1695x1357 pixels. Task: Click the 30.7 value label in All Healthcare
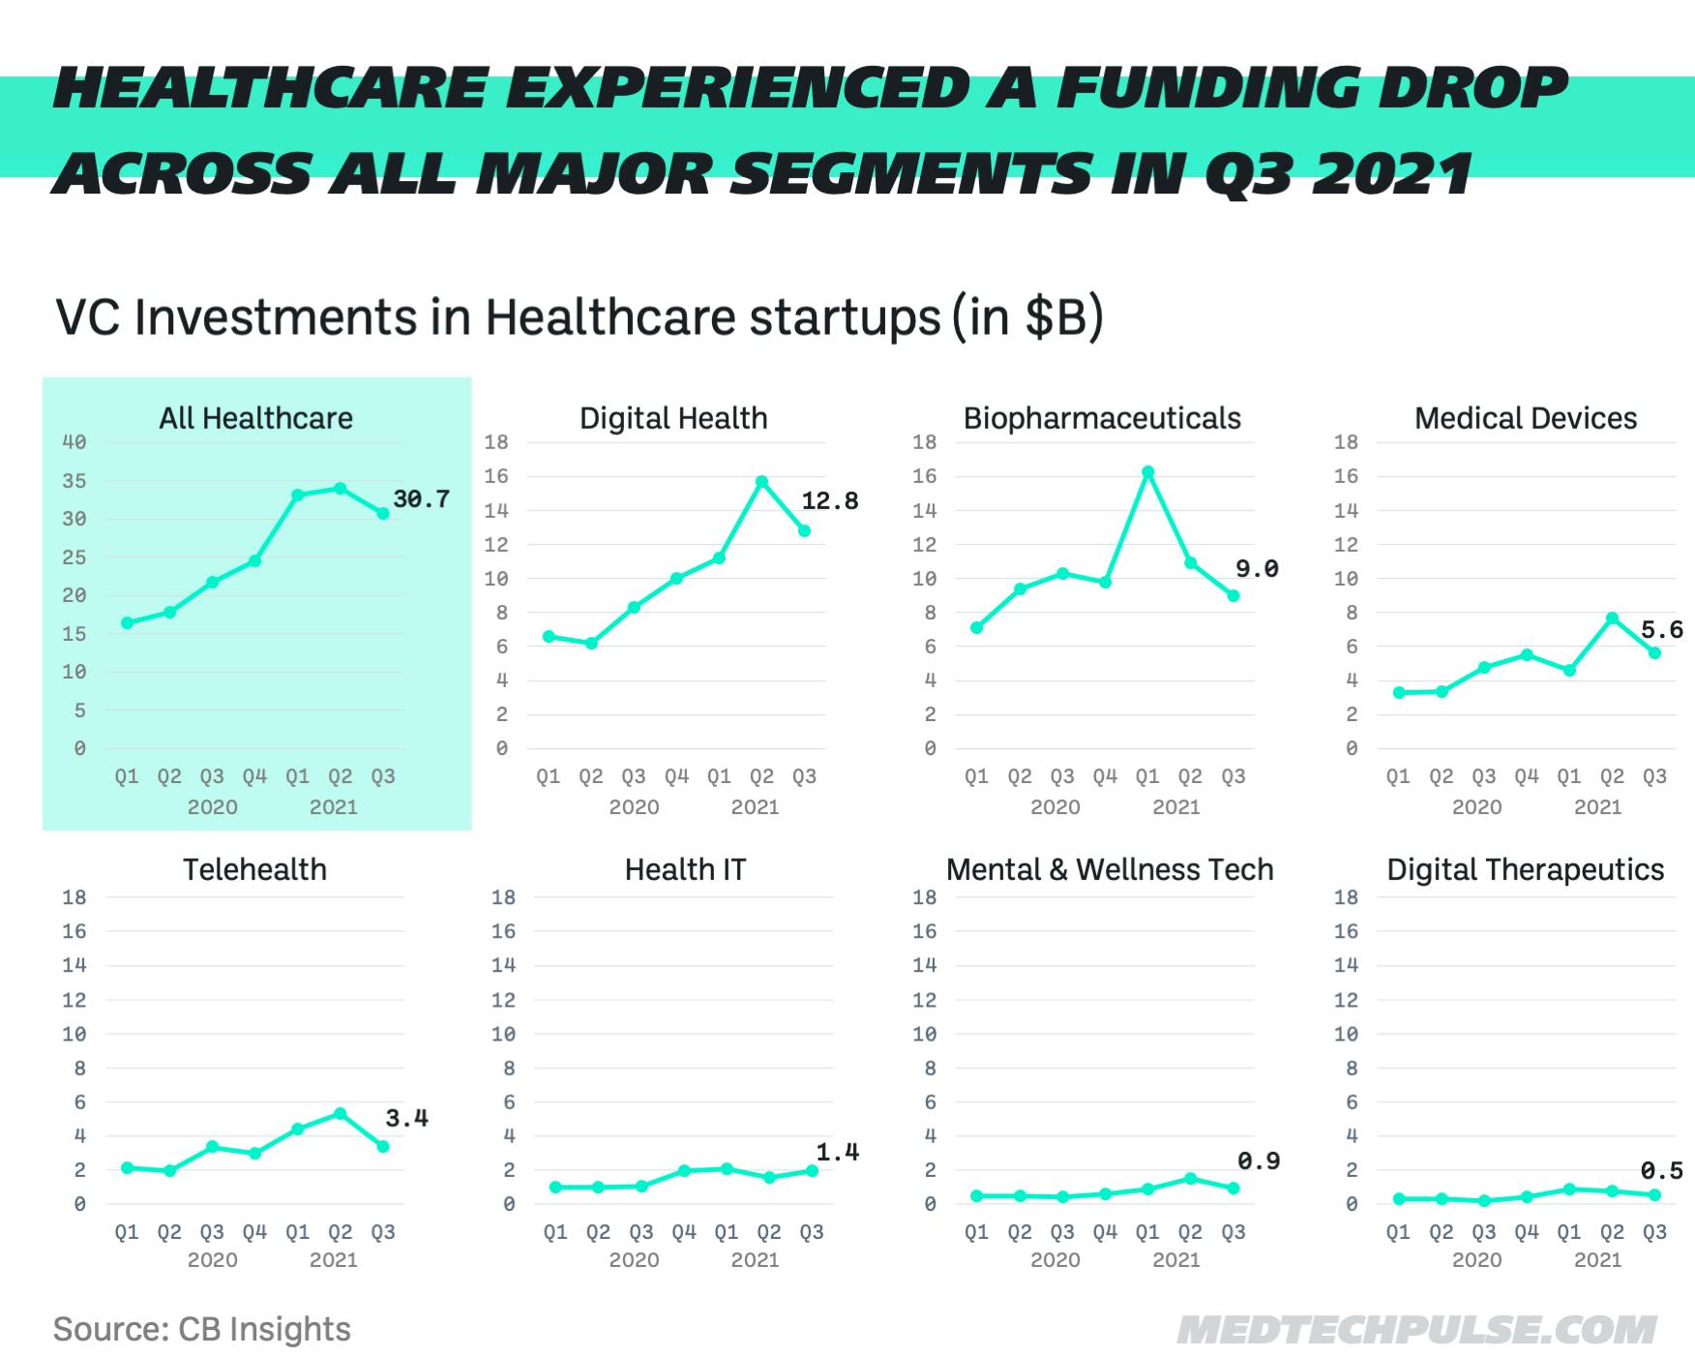point(421,499)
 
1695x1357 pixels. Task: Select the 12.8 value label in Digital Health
point(829,501)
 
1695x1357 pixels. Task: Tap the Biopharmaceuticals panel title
point(1102,418)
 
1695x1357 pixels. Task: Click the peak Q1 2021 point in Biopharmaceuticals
point(1147,472)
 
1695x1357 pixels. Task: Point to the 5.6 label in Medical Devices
point(1661,630)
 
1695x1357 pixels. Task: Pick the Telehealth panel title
point(254,869)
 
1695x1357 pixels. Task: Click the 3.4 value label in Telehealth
point(406,1118)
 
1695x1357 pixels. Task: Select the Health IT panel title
point(685,869)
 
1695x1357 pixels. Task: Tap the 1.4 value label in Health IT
point(837,1152)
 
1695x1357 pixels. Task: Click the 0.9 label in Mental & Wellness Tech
point(1258,1161)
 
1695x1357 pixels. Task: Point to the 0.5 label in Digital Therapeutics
point(1661,1171)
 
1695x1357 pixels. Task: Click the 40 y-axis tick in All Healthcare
point(74,442)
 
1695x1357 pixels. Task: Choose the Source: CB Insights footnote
point(201,1329)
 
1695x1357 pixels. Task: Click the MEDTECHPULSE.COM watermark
point(1416,1329)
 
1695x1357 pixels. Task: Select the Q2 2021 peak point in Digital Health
point(761,481)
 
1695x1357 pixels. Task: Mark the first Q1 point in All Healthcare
point(127,623)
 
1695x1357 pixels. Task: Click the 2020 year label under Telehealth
point(212,1260)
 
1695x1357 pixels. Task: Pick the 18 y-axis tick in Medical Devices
point(1346,442)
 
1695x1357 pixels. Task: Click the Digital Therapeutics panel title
point(1525,869)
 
